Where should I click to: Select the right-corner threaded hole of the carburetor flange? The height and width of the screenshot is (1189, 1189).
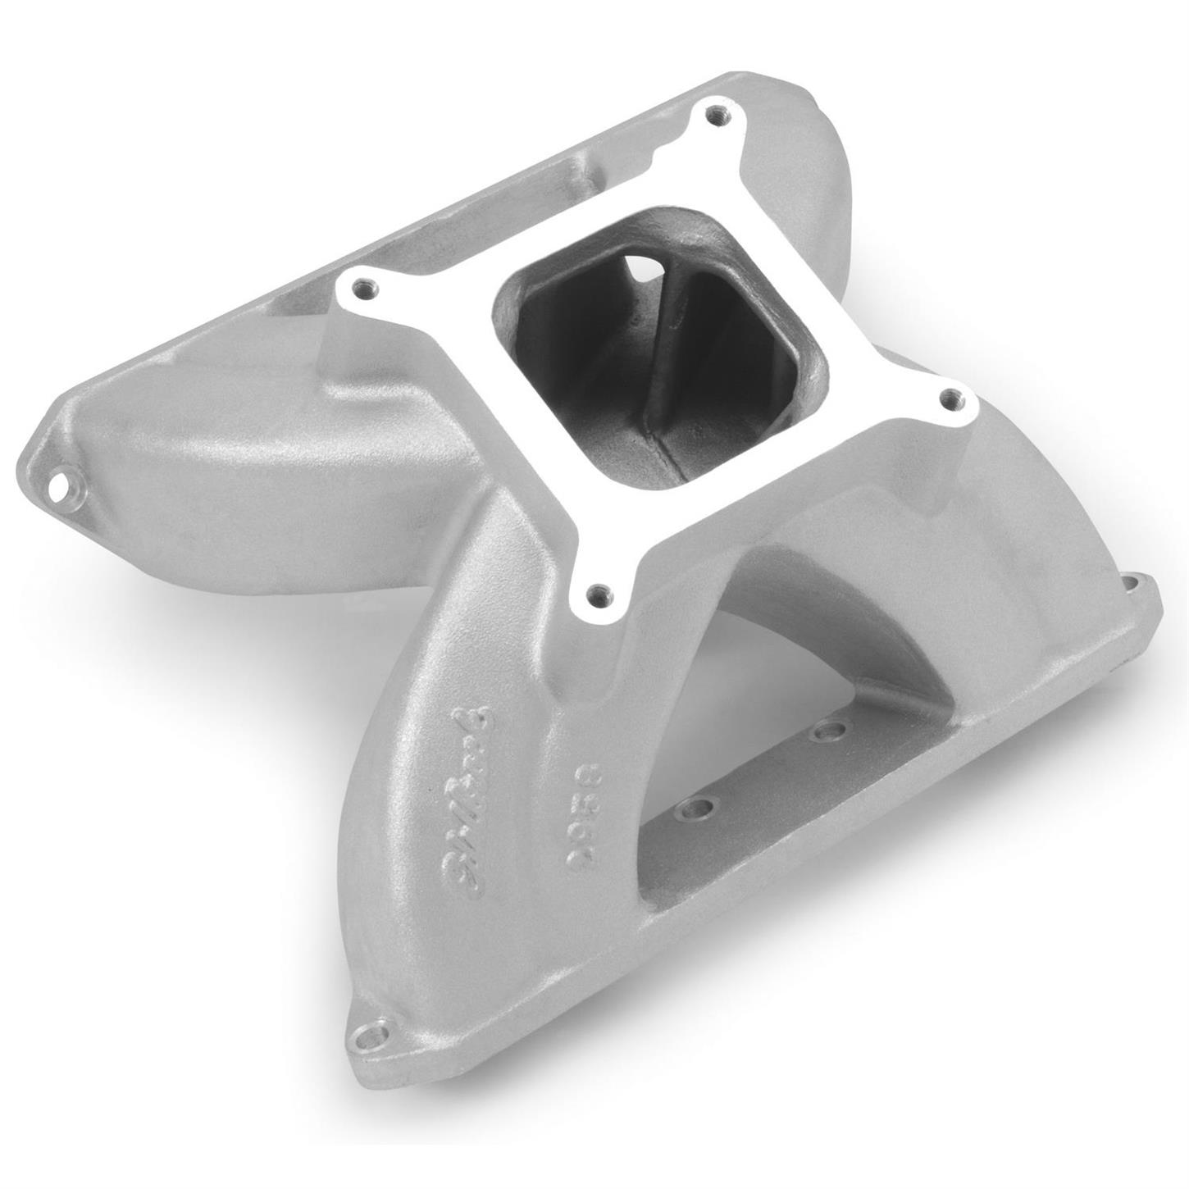[951, 402]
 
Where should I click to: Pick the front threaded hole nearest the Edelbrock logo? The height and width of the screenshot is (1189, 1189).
[599, 590]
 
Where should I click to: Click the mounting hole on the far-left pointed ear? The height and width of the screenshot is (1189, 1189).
[59, 489]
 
